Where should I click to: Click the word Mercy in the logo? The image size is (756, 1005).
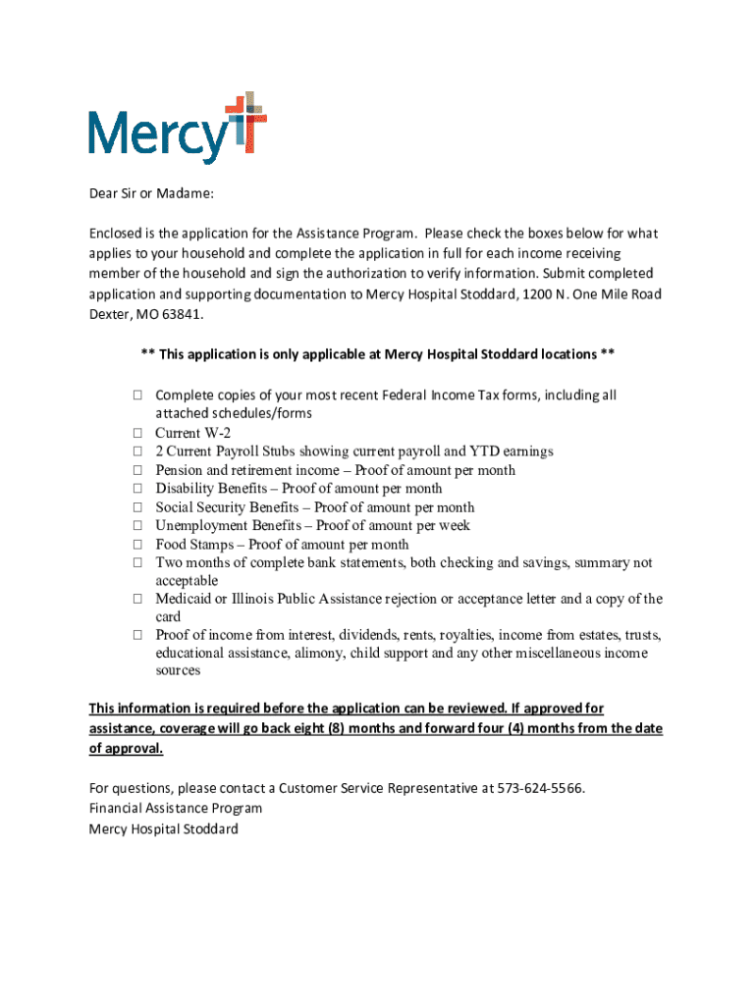[x=157, y=136]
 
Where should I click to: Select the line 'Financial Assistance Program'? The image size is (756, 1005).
[x=176, y=809]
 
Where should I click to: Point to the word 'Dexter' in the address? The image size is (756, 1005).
[x=108, y=316]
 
